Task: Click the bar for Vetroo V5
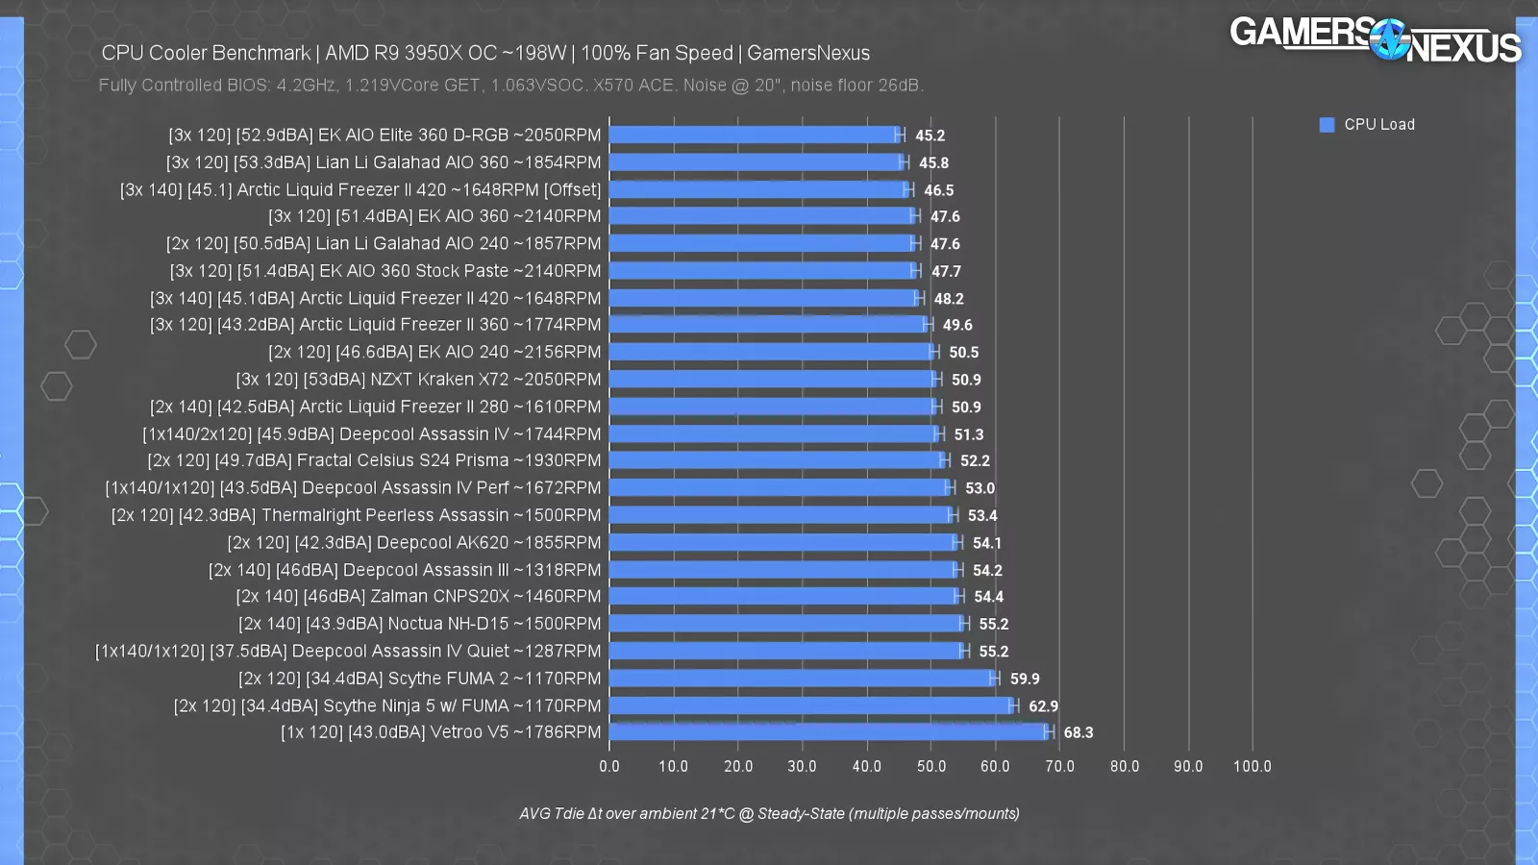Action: [x=830, y=732]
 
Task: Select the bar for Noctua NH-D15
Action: [x=786, y=624]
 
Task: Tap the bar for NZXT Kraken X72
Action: [x=773, y=380]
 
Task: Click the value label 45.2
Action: [x=930, y=136]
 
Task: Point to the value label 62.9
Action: [x=1043, y=706]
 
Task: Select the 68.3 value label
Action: [x=1078, y=732]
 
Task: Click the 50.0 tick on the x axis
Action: [x=930, y=766]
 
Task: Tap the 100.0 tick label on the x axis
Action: [x=1252, y=766]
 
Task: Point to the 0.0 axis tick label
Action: [x=609, y=766]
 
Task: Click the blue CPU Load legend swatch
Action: [x=1327, y=125]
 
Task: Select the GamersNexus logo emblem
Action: [x=1388, y=39]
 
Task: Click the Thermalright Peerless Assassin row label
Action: [x=356, y=515]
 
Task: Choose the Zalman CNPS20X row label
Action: [x=418, y=597]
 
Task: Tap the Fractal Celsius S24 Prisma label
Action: [x=374, y=461]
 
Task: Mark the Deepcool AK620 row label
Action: [x=413, y=543]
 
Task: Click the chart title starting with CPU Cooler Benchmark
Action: [x=485, y=54]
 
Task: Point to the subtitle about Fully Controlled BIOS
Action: [x=510, y=86]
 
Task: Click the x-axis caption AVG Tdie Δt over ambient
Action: [x=769, y=814]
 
